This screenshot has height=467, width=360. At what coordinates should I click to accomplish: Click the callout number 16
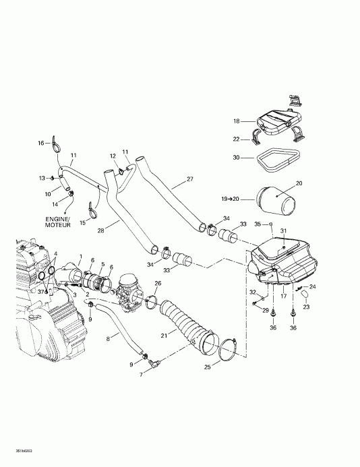(40, 143)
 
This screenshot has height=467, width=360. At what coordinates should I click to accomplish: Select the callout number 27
(189, 179)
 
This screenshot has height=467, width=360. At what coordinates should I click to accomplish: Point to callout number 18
(237, 121)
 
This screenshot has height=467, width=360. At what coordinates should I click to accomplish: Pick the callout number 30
(236, 158)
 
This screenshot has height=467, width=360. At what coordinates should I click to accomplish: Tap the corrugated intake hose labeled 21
(185, 326)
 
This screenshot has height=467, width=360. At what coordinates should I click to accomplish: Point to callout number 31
(283, 232)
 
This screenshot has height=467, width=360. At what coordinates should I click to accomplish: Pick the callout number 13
(42, 178)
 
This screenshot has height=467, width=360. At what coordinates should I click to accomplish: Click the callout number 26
(157, 283)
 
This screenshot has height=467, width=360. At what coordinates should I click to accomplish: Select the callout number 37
(40, 291)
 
